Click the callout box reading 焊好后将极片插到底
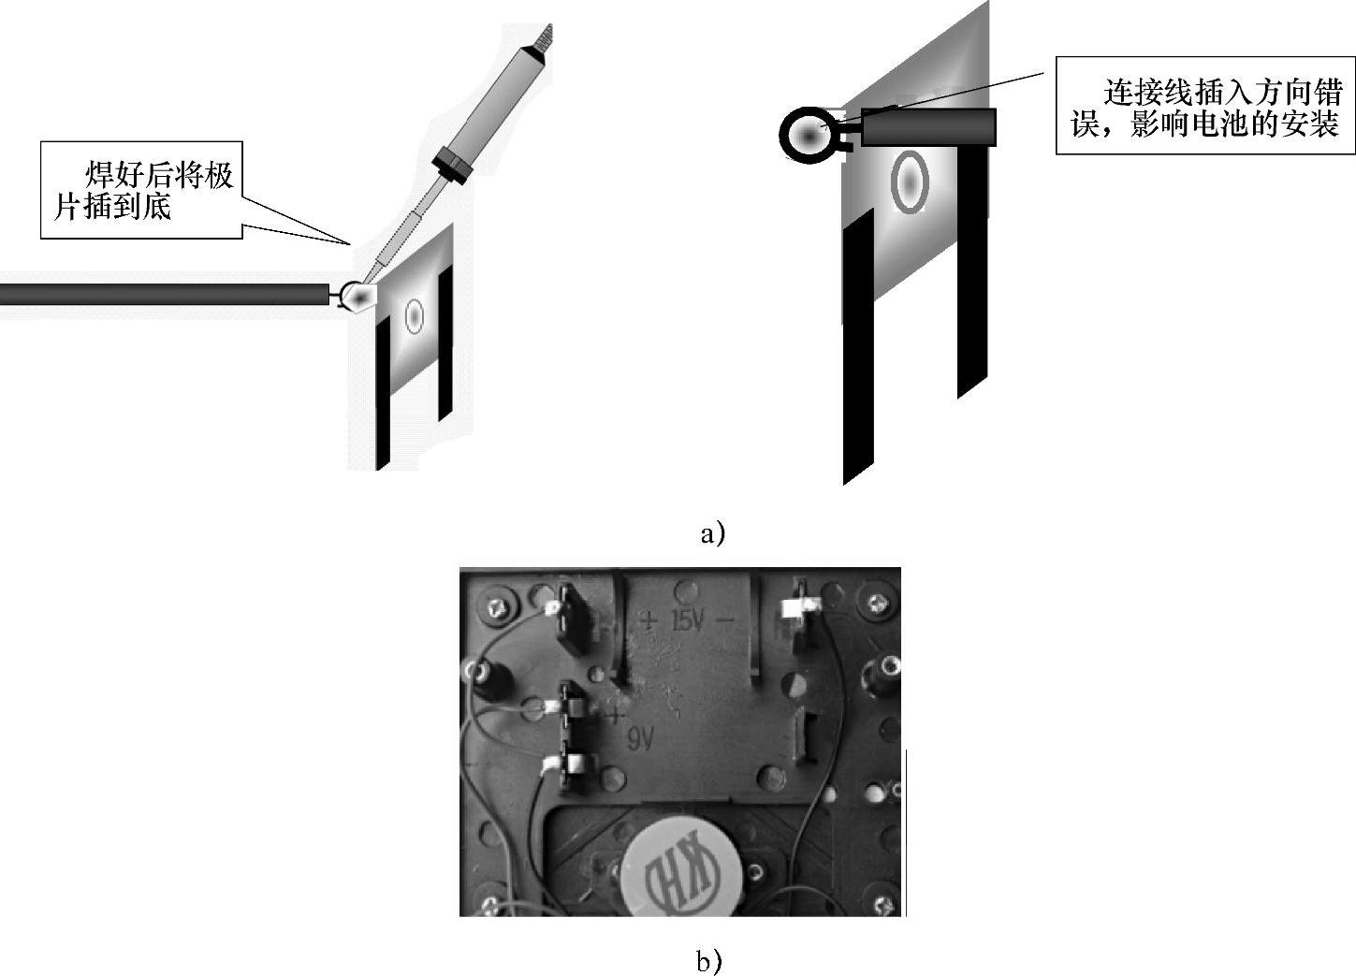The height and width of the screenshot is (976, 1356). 142,190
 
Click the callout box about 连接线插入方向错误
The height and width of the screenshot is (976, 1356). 1205,106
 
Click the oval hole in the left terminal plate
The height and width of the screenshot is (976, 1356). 414,316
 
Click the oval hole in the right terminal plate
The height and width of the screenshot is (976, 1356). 909,182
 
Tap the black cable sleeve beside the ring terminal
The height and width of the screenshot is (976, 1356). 927,127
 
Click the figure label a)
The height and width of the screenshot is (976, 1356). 712,533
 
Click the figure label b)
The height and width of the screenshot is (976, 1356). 708,960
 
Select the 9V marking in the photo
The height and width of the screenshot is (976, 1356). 639,740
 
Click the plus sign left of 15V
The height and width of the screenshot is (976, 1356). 648,619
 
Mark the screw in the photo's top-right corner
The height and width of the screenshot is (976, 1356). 877,604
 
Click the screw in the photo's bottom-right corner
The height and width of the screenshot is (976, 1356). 882,905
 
